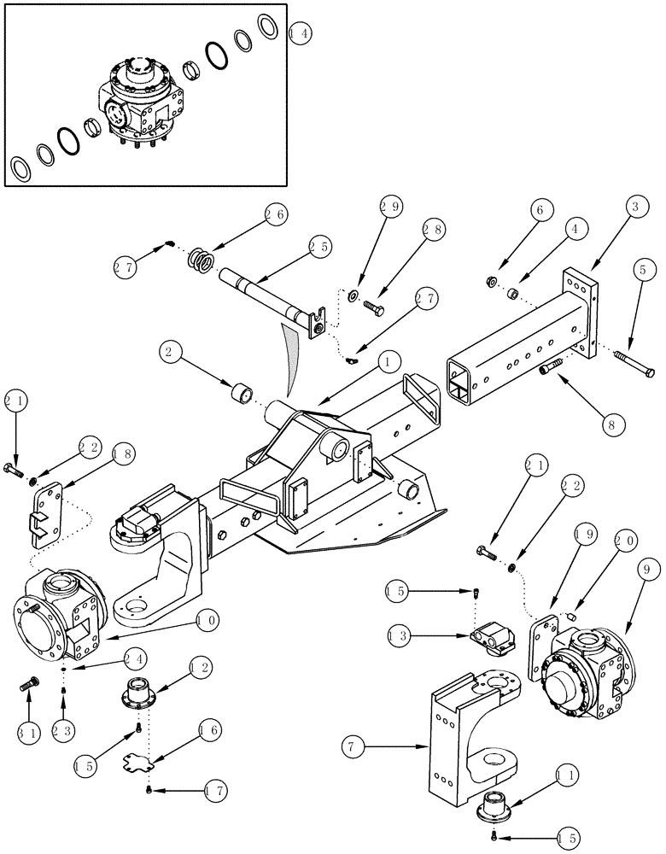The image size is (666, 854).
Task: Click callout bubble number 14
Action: tap(301, 35)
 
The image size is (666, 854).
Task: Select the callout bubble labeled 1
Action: tap(388, 362)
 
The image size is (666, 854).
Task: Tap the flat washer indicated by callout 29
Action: tap(353, 295)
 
